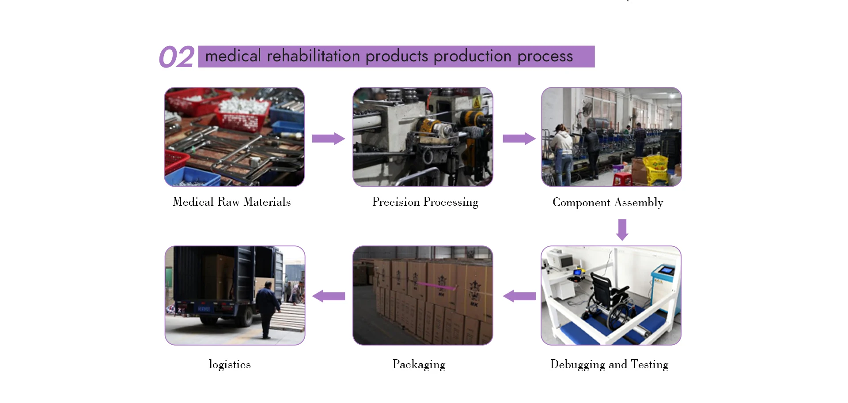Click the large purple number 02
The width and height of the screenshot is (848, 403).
pyautogui.click(x=176, y=57)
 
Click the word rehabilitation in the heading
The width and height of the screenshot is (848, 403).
pyautogui.click(x=314, y=56)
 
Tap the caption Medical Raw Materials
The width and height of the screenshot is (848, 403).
pyautogui.click(x=231, y=202)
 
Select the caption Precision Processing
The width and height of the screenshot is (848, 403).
pyautogui.click(x=425, y=202)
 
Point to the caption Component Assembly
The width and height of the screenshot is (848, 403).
pyautogui.click(x=608, y=202)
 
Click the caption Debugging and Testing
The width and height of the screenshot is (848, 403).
pyautogui.click(x=609, y=364)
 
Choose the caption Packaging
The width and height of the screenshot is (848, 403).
pyautogui.click(x=419, y=364)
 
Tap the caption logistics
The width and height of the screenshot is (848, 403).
pyautogui.click(x=230, y=364)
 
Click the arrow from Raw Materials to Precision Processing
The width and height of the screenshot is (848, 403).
pyautogui.click(x=328, y=139)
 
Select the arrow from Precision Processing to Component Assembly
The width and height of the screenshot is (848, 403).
pyautogui.click(x=519, y=139)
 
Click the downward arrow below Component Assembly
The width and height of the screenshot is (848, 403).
pyautogui.click(x=622, y=230)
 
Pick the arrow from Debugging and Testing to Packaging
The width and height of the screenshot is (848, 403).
pyautogui.click(x=519, y=296)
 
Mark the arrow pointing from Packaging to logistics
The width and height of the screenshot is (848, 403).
pyautogui.click(x=329, y=296)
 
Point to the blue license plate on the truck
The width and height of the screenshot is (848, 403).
pyautogui.click(x=204, y=309)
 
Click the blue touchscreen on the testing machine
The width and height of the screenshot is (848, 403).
pyautogui.click(x=666, y=270)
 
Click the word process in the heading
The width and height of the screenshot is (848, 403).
pyautogui.click(x=545, y=56)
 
